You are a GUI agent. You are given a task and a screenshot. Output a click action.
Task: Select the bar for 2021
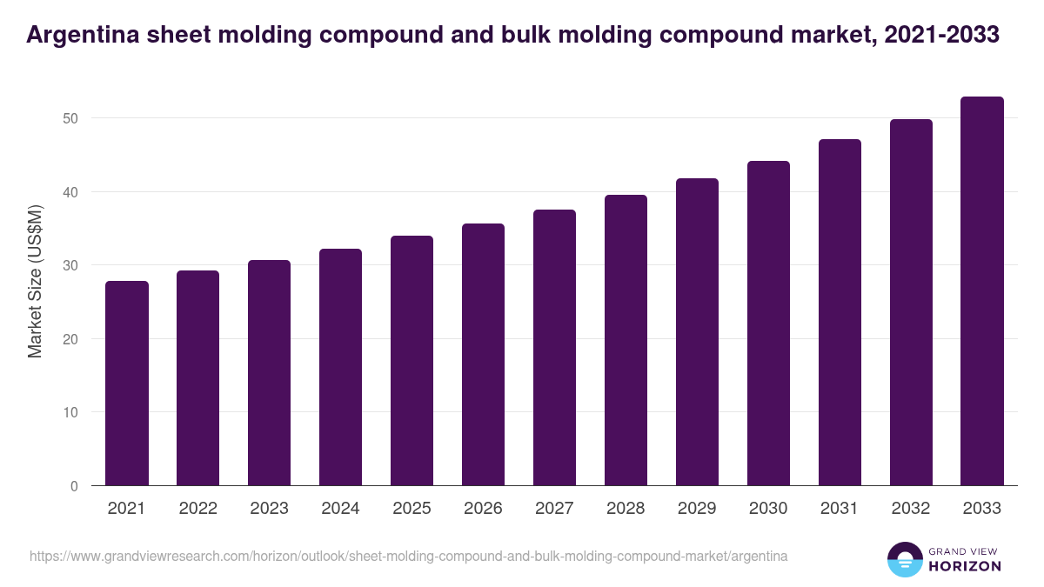[x=127, y=384]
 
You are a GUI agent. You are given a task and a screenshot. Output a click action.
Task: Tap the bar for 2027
[x=555, y=348]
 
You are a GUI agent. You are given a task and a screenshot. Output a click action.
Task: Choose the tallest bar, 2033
[x=982, y=291]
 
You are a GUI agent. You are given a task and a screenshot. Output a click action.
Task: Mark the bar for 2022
[x=198, y=378]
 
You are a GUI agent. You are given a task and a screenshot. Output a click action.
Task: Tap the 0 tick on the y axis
[x=74, y=486]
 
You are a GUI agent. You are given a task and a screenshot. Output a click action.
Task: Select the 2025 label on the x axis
[x=412, y=509]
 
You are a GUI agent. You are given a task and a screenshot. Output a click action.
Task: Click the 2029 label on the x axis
[x=697, y=509]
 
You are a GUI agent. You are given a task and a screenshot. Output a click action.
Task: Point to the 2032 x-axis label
[x=911, y=509]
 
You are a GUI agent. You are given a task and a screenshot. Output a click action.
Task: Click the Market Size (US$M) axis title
[x=35, y=280]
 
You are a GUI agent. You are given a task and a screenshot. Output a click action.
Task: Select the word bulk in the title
[x=572, y=36]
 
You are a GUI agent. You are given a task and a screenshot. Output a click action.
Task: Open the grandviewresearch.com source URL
[x=409, y=556]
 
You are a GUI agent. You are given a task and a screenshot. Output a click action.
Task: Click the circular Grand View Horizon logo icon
[x=905, y=559]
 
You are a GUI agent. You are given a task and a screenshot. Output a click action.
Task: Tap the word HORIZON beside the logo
[x=965, y=566]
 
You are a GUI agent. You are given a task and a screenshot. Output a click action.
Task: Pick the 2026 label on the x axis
[x=483, y=509]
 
